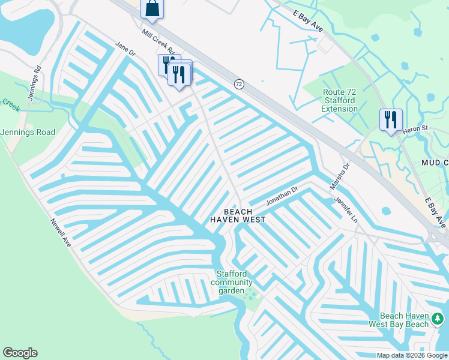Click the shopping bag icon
[x=152, y=8]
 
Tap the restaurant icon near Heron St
[x=391, y=119]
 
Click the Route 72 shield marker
[x=240, y=84]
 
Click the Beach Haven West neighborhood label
[x=237, y=216]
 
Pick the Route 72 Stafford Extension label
[x=340, y=100]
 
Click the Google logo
[x=20, y=353]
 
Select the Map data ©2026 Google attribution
[x=412, y=355]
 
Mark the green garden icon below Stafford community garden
[x=250, y=294]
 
